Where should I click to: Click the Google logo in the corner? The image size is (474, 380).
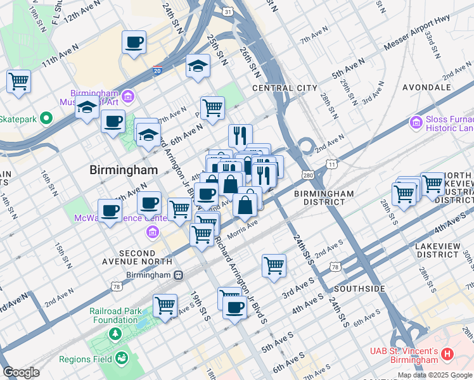(21, 372)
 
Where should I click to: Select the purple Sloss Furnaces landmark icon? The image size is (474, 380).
(416, 122)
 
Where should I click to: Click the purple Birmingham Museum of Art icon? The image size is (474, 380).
(128, 96)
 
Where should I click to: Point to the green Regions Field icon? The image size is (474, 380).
(120, 360)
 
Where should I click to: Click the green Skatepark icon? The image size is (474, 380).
(46, 118)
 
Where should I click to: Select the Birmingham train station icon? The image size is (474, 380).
(179, 275)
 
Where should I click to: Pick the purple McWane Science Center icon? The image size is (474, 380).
(152, 232)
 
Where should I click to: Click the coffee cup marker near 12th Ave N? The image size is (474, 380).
(134, 42)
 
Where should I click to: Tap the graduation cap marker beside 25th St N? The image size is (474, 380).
(198, 66)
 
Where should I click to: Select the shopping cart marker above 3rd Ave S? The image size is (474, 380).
(274, 266)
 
